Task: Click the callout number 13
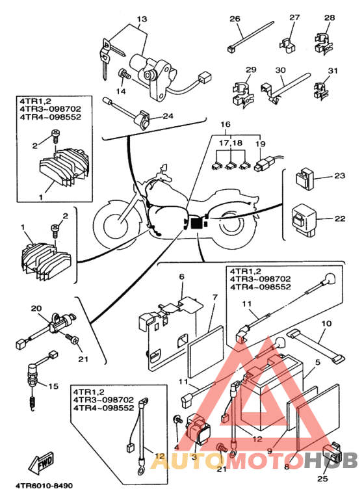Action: coord(142,19)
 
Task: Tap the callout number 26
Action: coord(235,19)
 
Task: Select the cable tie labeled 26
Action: coord(250,36)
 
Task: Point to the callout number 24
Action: coord(168,116)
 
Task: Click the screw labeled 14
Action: coord(125,74)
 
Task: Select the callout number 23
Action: coord(340,176)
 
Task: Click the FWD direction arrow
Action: coord(42,462)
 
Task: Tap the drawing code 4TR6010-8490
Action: coord(44,486)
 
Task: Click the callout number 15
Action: coord(53,386)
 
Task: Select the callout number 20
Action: coord(36,308)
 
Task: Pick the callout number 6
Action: coord(181,276)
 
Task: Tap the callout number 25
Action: coord(322,479)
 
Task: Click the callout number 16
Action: coord(226,124)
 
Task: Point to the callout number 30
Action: coord(280,70)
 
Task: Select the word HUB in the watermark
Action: coord(330,460)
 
